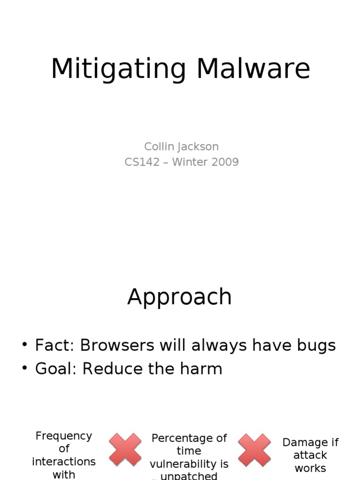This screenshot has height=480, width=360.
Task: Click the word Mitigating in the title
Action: [119, 69]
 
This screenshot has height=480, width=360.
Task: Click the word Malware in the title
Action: [253, 69]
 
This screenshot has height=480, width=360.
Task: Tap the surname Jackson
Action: [199, 147]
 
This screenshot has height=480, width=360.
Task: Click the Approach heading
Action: [180, 297]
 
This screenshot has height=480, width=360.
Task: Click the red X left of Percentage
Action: [125, 450]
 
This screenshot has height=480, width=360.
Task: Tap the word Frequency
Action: [64, 436]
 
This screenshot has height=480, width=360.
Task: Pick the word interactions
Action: [64, 462]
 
